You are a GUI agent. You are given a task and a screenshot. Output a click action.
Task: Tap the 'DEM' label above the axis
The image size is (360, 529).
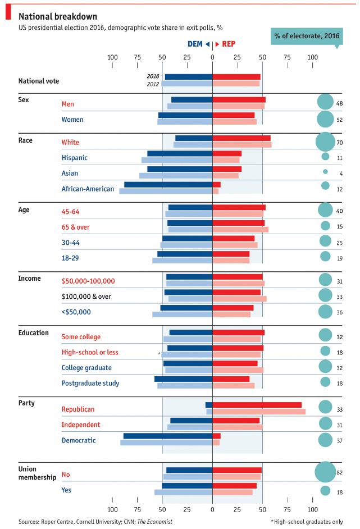(195, 43)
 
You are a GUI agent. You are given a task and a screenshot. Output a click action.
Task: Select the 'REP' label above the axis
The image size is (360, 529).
(229, 43)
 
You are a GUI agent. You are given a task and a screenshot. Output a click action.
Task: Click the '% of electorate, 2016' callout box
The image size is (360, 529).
(307, 36)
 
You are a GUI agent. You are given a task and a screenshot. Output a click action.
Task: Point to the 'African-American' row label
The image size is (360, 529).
(88, 189)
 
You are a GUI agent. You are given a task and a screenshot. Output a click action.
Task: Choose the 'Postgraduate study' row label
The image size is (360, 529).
(90, 384)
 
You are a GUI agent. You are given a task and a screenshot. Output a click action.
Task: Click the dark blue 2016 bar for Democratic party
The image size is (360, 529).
(168, 436)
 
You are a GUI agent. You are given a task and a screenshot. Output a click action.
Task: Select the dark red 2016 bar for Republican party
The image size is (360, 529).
(257, 405)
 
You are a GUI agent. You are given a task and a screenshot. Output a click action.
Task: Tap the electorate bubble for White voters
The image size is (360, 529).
(325, 142)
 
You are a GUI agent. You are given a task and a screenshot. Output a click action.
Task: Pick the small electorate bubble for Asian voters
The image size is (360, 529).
(325, 171)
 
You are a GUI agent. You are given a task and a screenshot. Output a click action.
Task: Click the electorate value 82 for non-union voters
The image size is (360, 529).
(339, 473)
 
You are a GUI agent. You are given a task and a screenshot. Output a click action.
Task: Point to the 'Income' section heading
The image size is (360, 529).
(29, 279)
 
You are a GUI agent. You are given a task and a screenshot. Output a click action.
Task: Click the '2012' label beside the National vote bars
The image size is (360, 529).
(153, 84)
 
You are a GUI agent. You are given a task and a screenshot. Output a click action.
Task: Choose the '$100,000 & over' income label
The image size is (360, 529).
(86, 297)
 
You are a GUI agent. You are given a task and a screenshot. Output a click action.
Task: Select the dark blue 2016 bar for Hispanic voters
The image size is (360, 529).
(180, 153)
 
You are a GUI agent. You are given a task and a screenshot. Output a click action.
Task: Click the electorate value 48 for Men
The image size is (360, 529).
(339, 104)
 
